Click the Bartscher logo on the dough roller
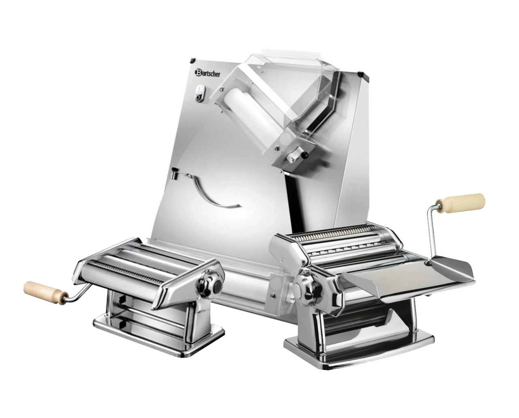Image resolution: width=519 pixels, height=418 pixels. click(207, 73)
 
